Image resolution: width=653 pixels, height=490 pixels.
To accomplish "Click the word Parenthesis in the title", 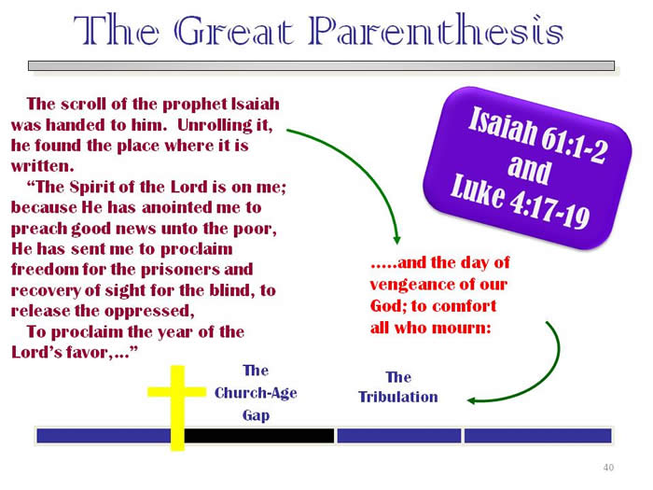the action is coord(436,30).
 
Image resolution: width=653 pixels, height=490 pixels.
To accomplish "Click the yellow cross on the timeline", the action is coord(177,409).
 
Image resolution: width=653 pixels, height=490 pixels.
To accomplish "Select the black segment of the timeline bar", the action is coord(259,436).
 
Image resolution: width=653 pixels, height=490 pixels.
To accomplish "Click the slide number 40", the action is coord(608,468).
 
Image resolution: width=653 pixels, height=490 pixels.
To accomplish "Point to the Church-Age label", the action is coord(256,393).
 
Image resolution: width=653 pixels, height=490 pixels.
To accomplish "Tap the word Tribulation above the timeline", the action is coord(398,397).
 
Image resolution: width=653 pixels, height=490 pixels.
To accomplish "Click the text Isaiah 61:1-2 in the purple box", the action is coord(537,134).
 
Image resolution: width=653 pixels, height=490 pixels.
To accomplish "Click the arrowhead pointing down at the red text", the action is coord(396,240).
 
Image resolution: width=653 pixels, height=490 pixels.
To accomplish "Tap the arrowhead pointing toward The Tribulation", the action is coord(472,400).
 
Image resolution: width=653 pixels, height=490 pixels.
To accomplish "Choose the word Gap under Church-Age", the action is coord(256,416).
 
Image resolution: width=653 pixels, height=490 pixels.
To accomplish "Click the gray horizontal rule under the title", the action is coord(322,66).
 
